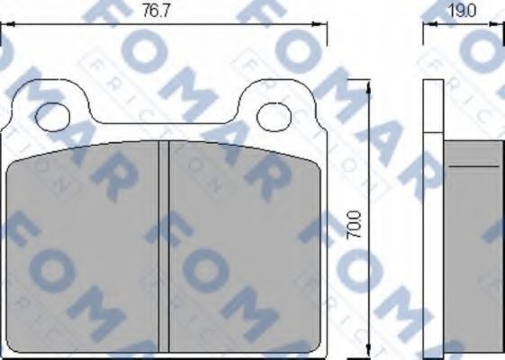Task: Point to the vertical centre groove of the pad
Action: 164,247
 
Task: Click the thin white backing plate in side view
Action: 433,216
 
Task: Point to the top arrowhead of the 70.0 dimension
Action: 369,85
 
